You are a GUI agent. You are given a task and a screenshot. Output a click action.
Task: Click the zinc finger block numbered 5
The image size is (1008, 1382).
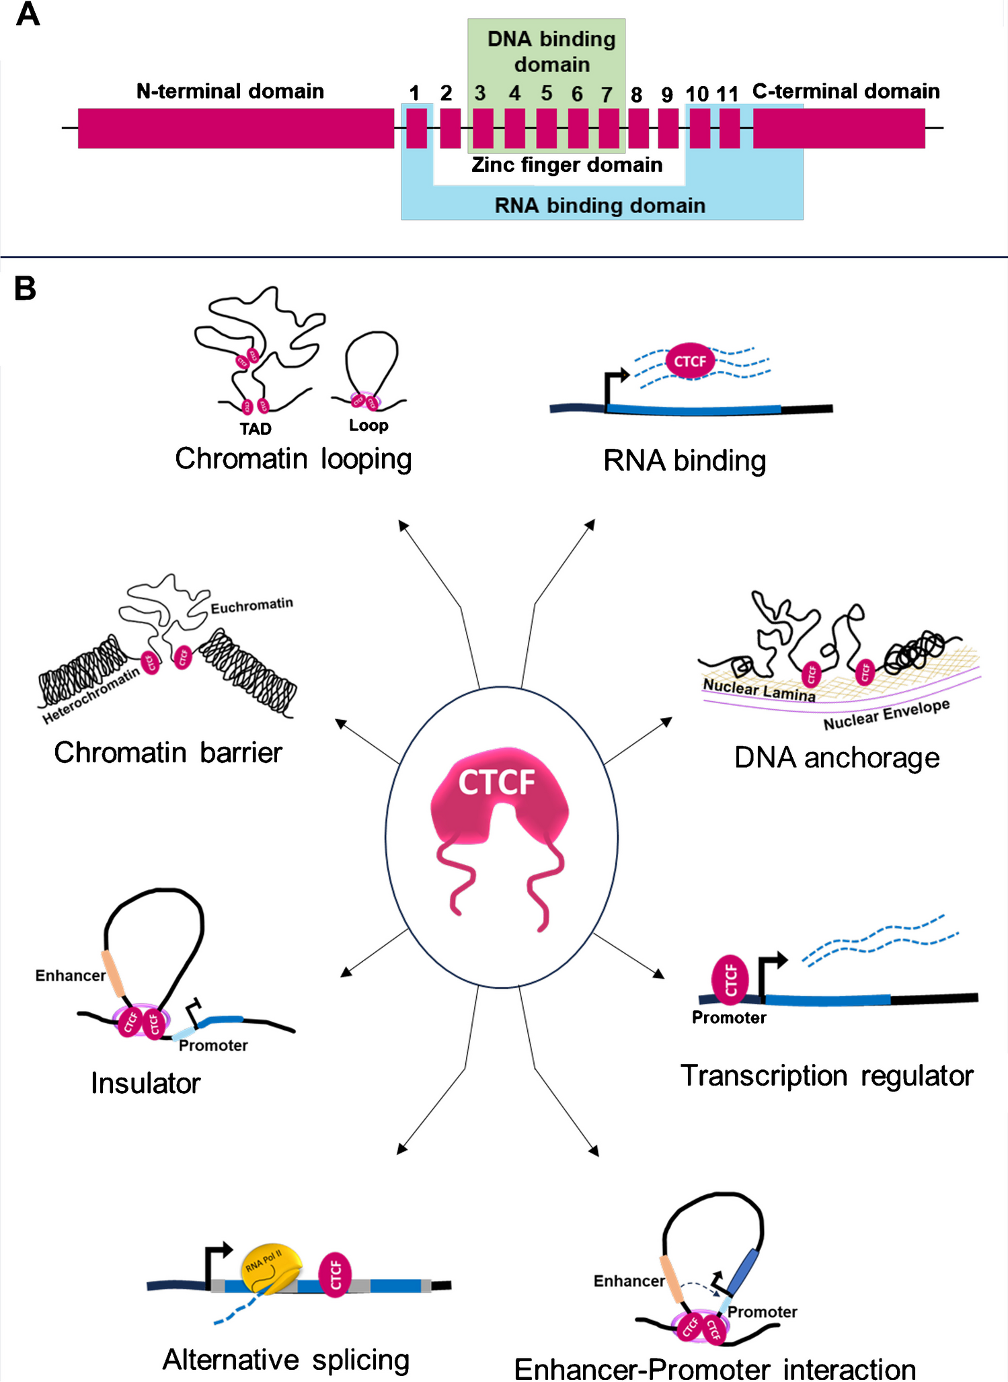[x=546, y=128]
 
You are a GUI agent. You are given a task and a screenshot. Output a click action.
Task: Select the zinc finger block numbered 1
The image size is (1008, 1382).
[x=416, y=128]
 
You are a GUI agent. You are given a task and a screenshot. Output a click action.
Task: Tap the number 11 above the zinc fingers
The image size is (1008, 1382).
[x=727, y=94]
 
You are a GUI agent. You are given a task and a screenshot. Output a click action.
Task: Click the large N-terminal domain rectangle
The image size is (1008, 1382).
[x=235, y=128]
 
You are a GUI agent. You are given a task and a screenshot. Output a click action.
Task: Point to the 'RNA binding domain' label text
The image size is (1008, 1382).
[x=600, y=206]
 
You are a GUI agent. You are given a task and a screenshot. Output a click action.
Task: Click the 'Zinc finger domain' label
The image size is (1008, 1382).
[x=567, y=165]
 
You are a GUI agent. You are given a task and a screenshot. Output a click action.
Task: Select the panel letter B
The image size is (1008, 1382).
[x=25, y=288]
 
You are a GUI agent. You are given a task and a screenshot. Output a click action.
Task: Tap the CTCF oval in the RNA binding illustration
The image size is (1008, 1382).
[x=690, y=362]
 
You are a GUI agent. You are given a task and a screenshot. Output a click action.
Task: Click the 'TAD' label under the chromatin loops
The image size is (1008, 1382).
[x=256, y=429]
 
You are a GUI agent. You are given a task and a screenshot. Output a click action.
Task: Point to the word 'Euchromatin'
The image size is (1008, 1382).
[x=251, y=606]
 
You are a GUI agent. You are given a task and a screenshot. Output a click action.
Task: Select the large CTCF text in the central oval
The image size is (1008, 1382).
[x=496, y=782]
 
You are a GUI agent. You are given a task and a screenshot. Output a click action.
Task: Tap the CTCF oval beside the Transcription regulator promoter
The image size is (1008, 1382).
[x=730, y=979]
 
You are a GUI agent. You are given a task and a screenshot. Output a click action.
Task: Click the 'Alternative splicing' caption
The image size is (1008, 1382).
[x=286, y=1359]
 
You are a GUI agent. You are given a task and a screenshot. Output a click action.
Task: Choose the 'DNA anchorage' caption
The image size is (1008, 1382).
[x=837, y=758]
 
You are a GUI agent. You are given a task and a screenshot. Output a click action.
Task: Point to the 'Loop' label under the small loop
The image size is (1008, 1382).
[x=369, y=425]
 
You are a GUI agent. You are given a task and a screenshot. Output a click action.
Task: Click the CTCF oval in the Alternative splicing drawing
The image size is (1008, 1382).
[x=335, y=1274]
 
